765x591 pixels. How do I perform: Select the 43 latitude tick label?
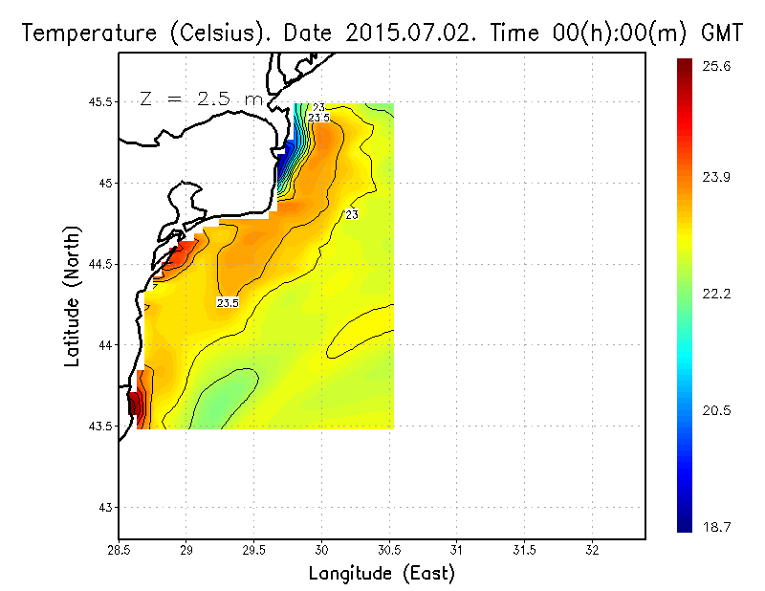103,507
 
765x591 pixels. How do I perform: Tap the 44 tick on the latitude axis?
103,345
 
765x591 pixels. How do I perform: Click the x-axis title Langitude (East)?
382,573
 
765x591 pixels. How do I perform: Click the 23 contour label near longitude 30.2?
352,215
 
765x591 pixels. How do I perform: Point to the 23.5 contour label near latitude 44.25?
228,302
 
